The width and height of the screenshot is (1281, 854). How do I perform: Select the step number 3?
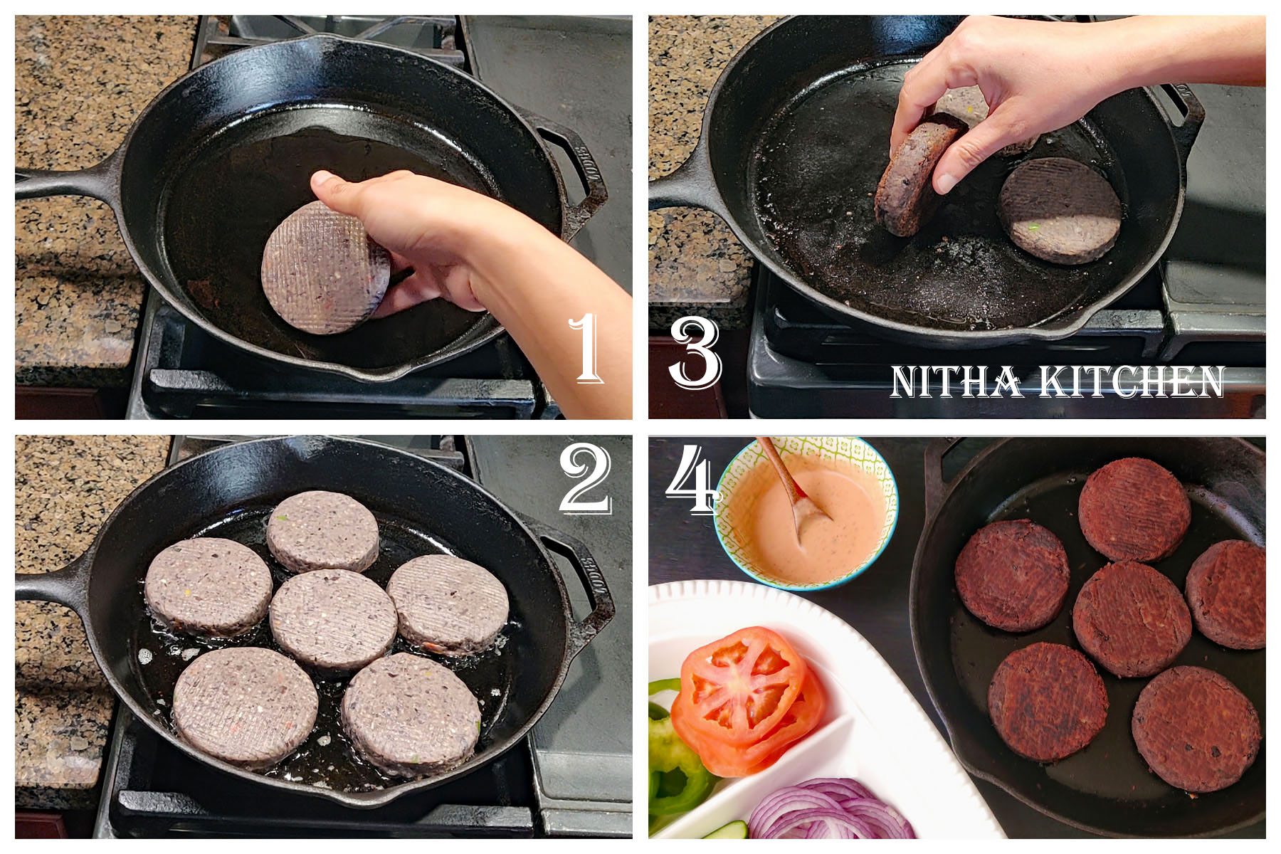point(695,353)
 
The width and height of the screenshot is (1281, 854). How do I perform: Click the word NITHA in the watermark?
point(955,382)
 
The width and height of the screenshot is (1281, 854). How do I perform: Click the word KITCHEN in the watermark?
point(1132,382)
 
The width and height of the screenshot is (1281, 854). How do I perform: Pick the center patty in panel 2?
point(333,618)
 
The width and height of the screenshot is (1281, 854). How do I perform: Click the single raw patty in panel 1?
point(324,268)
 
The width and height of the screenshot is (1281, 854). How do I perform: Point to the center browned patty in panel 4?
point(1132,618)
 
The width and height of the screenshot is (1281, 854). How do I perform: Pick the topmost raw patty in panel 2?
point(323,530)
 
